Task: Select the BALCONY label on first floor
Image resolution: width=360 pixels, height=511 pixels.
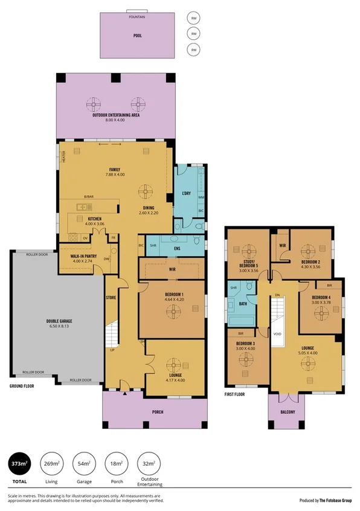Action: [x=288, y=412]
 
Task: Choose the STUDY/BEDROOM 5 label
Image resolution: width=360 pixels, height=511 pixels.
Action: [x=247, y=267]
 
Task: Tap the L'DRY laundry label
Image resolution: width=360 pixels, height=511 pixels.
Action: [x=186, y=193]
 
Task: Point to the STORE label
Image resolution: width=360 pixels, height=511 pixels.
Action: [x=111, y=297]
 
